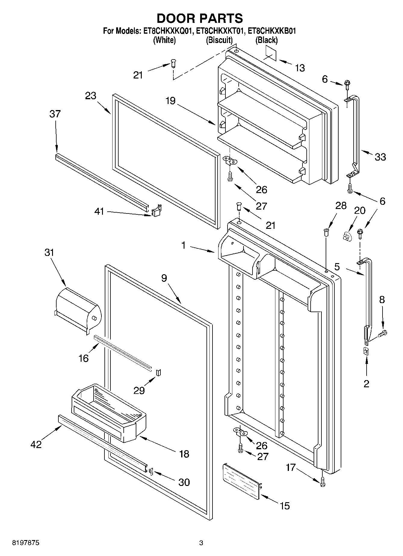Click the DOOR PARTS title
200,18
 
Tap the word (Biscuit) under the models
219,40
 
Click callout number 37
55,114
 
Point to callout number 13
299,68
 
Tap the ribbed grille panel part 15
241,481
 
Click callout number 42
36,444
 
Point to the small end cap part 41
156,211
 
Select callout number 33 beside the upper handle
380,157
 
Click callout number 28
341,206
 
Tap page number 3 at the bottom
201,543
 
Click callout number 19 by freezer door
170,101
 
